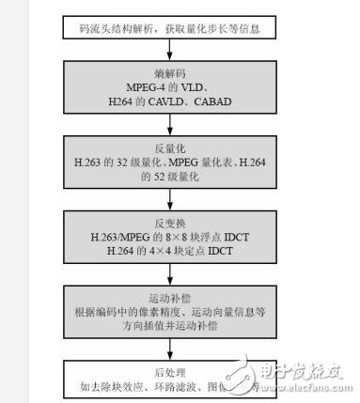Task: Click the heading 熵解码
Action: [170, 74]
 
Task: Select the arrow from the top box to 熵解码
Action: [170, 50]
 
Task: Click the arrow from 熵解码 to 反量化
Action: [170, 125]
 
